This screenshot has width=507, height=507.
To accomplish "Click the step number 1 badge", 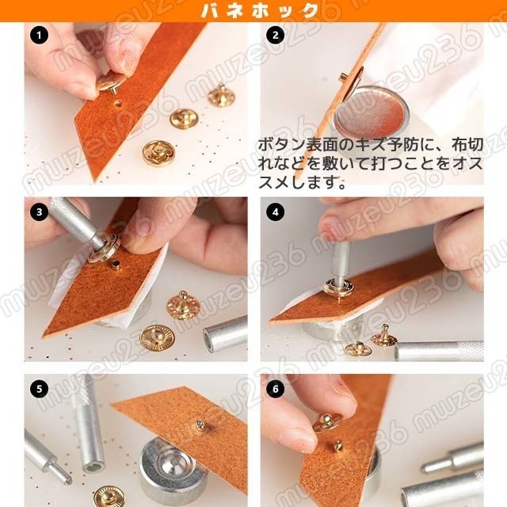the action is (39, 35).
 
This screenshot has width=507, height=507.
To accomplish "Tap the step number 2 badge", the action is (276, 35).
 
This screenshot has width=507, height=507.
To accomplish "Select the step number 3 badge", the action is (39, 212).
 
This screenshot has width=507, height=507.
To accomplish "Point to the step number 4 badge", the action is (276, 212).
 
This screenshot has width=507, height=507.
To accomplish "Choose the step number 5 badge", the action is (39, 389).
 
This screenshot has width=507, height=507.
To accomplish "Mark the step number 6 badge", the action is (276, 389).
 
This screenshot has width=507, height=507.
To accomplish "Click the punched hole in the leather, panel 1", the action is (118, 104).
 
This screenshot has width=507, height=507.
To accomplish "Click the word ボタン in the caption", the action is (281, 145).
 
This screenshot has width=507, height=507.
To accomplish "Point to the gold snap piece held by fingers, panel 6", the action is (327, 423).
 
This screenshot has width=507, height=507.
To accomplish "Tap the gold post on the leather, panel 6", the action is (337, 445).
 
